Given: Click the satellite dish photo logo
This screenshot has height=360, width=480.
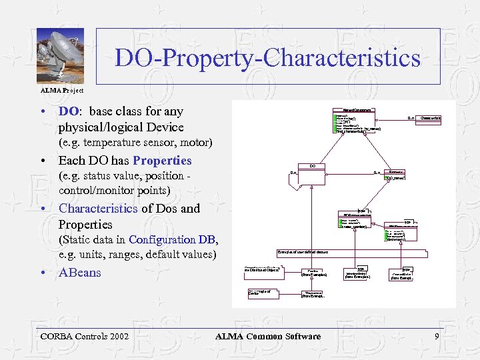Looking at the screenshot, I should coord(60,57).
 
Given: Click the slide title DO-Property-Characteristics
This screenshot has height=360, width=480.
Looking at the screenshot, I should coord(267,58).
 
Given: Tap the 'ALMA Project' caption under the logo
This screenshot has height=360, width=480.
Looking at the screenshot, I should coord(60,90).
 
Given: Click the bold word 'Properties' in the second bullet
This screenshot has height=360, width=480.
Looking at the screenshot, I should coord(162,161).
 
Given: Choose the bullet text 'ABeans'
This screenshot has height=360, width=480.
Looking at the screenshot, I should coord(80,272).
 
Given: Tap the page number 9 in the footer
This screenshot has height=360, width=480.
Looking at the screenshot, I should coord(437,337).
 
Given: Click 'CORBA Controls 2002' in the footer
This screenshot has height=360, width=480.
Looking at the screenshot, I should coord(85,337).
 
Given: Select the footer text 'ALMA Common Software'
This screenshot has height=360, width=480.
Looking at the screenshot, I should coord(267,337).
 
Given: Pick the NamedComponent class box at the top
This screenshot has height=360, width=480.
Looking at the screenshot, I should coord(357,120).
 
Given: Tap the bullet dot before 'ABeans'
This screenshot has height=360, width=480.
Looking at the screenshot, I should coord(42,273).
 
